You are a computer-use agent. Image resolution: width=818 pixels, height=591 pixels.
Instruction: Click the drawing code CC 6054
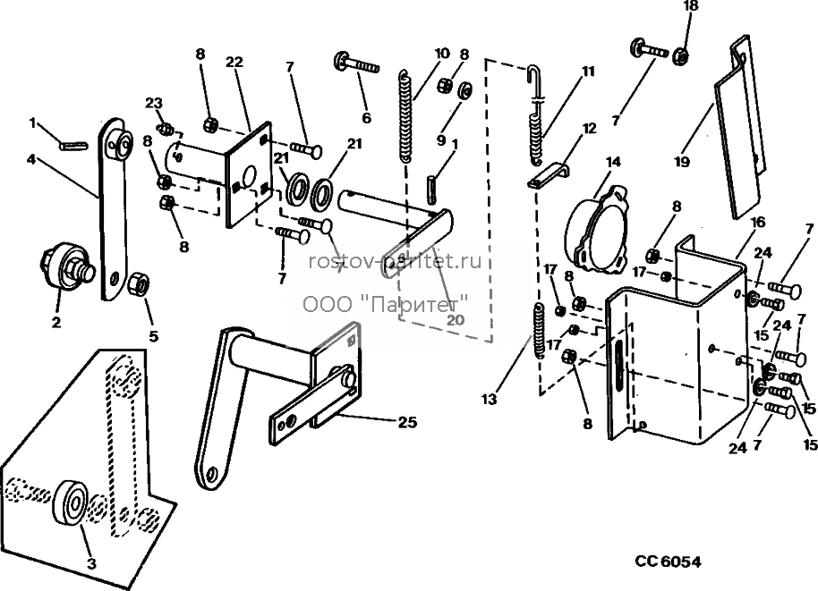[x=668, y=561]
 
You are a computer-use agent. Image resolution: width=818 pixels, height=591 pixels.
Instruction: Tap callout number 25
[x=407, y=422]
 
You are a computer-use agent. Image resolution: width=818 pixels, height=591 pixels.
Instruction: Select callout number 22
[x=234, y=62]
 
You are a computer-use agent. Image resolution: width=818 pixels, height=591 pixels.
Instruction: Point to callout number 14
[x=613, y=162]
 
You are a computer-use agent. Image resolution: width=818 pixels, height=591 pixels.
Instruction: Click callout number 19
[x=682, y=162]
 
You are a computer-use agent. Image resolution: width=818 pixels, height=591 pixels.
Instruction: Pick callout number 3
[x=91, y=563]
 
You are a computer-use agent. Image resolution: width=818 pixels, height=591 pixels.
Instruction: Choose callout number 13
[x=490, y=400]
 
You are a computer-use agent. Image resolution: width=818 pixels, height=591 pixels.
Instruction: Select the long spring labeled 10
[x=407, y=117]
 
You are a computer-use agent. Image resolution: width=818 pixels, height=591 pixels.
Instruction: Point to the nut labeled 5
[x=140, y=285]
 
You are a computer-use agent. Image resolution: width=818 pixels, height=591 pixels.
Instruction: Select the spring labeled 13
[x=539, y=331]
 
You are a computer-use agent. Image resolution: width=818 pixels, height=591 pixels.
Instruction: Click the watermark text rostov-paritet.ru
[x=395, y=262]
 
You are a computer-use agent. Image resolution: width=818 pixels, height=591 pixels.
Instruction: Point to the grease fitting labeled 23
[x=166, y=128]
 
